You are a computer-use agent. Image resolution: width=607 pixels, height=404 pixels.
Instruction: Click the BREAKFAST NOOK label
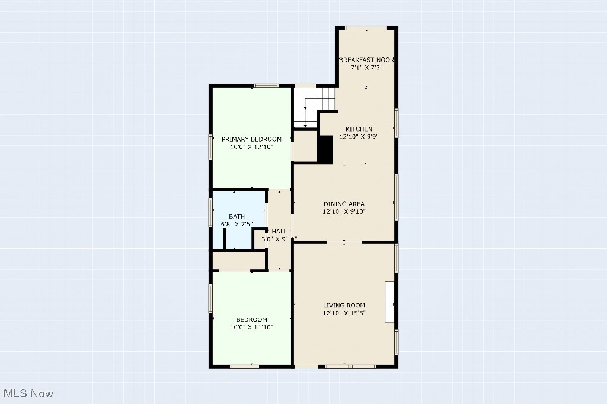click(x=366, y=60)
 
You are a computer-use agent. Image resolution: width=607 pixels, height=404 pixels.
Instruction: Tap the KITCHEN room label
click(x=359, y=129)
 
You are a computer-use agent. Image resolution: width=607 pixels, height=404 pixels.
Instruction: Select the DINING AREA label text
click(x=344, y=204)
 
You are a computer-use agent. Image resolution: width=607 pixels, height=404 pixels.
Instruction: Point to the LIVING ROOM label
click(x=344, y=305)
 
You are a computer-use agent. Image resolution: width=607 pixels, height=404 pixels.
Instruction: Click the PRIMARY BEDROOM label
click(x=251, y=139)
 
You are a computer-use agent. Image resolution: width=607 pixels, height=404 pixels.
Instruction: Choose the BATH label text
click(x=237, y=216)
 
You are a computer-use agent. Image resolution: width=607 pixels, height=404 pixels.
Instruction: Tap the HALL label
click(x=279, y=231)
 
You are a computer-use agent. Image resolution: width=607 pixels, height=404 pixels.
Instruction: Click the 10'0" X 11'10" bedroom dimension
click(x=251, y=327)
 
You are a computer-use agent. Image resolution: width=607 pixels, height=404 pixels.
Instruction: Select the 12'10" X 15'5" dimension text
click(x=344, y=313)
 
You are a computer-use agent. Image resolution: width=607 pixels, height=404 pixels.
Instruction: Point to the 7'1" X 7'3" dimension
click(x=366, y=68)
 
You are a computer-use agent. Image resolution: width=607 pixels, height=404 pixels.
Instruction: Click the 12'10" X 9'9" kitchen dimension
click(x=359, y=136)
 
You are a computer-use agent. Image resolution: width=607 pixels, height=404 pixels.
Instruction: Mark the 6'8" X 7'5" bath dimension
click(x=237, y=224)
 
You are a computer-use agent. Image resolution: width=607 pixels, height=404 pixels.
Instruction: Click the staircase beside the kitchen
click(x=314, y=107)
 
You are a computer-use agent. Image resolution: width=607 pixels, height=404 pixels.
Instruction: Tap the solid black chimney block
click(x=325, y=149)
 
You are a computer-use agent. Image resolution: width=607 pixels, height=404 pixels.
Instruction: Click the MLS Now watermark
click(x=28, y=393)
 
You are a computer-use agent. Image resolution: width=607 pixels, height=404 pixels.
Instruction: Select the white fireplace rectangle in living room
click(x=390, y=302)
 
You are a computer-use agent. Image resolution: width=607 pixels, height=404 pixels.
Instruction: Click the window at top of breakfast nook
click(x=366, y=28)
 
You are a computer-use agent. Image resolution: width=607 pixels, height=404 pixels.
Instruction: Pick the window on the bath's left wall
click(x=210, y=212)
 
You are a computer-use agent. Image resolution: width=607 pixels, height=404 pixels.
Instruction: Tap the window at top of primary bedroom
click(x=266, y=85)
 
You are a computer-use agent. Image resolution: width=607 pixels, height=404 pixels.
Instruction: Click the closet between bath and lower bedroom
click(x=239, y=261)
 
